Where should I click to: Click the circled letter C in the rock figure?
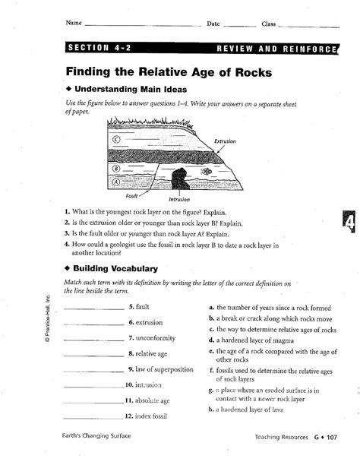pyautogui.click(x=116, y=140)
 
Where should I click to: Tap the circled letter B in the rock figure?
pyautogui.click(x=116, y=168)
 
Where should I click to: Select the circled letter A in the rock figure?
pyautogui.click(x=115, y=182)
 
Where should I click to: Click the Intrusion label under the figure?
pyautogui.click(x=179, y=199)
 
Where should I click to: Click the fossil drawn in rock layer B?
pyautogui.click(x=207, y=172)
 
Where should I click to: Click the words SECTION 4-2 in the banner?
pyautogui.click(x=99, y=48)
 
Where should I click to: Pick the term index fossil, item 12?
pyautogui.click(x=152, y=416)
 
